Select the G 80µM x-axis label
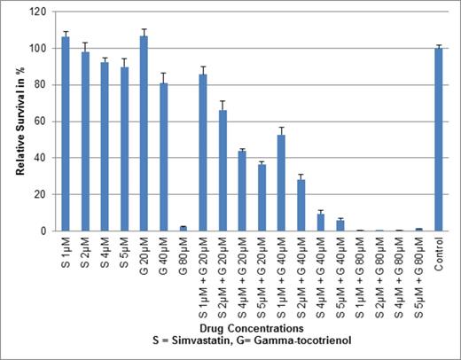coord(184,257)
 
